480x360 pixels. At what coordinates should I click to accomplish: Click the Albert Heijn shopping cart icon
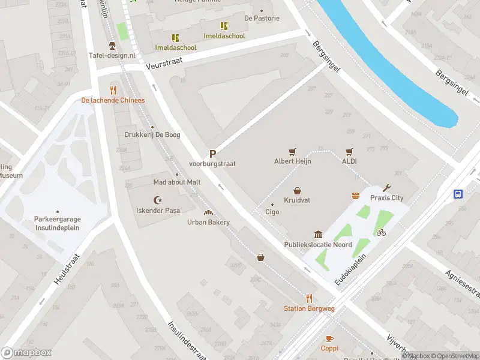click(292, 152)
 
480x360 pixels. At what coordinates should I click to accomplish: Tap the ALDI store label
click(349, 161)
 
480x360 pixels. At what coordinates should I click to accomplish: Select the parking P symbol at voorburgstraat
click(212, 154)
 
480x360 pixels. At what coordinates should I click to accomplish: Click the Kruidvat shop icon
click(297, 190)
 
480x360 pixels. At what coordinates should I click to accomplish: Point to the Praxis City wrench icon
click(386, 188)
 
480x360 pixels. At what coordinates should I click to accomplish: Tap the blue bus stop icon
click(458, 194)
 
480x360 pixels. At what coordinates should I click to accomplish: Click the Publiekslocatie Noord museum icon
click(318, 235)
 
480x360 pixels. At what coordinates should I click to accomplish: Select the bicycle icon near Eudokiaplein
click(381, 232)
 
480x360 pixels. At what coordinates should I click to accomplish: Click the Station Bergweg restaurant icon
click(309, 298)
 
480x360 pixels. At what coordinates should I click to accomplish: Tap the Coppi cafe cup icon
click(329, 338)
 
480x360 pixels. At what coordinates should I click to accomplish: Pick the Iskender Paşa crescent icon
click(158, 200)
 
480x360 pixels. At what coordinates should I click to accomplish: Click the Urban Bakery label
click(208, 222)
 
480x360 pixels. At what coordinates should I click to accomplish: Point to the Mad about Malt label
click(177, 182)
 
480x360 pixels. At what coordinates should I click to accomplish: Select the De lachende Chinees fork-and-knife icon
click(113, 90)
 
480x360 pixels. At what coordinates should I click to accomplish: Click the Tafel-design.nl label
click(112, 55)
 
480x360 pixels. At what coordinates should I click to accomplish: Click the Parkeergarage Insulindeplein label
click(58, 223)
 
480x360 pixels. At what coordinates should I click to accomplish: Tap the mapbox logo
click(26, 353)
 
